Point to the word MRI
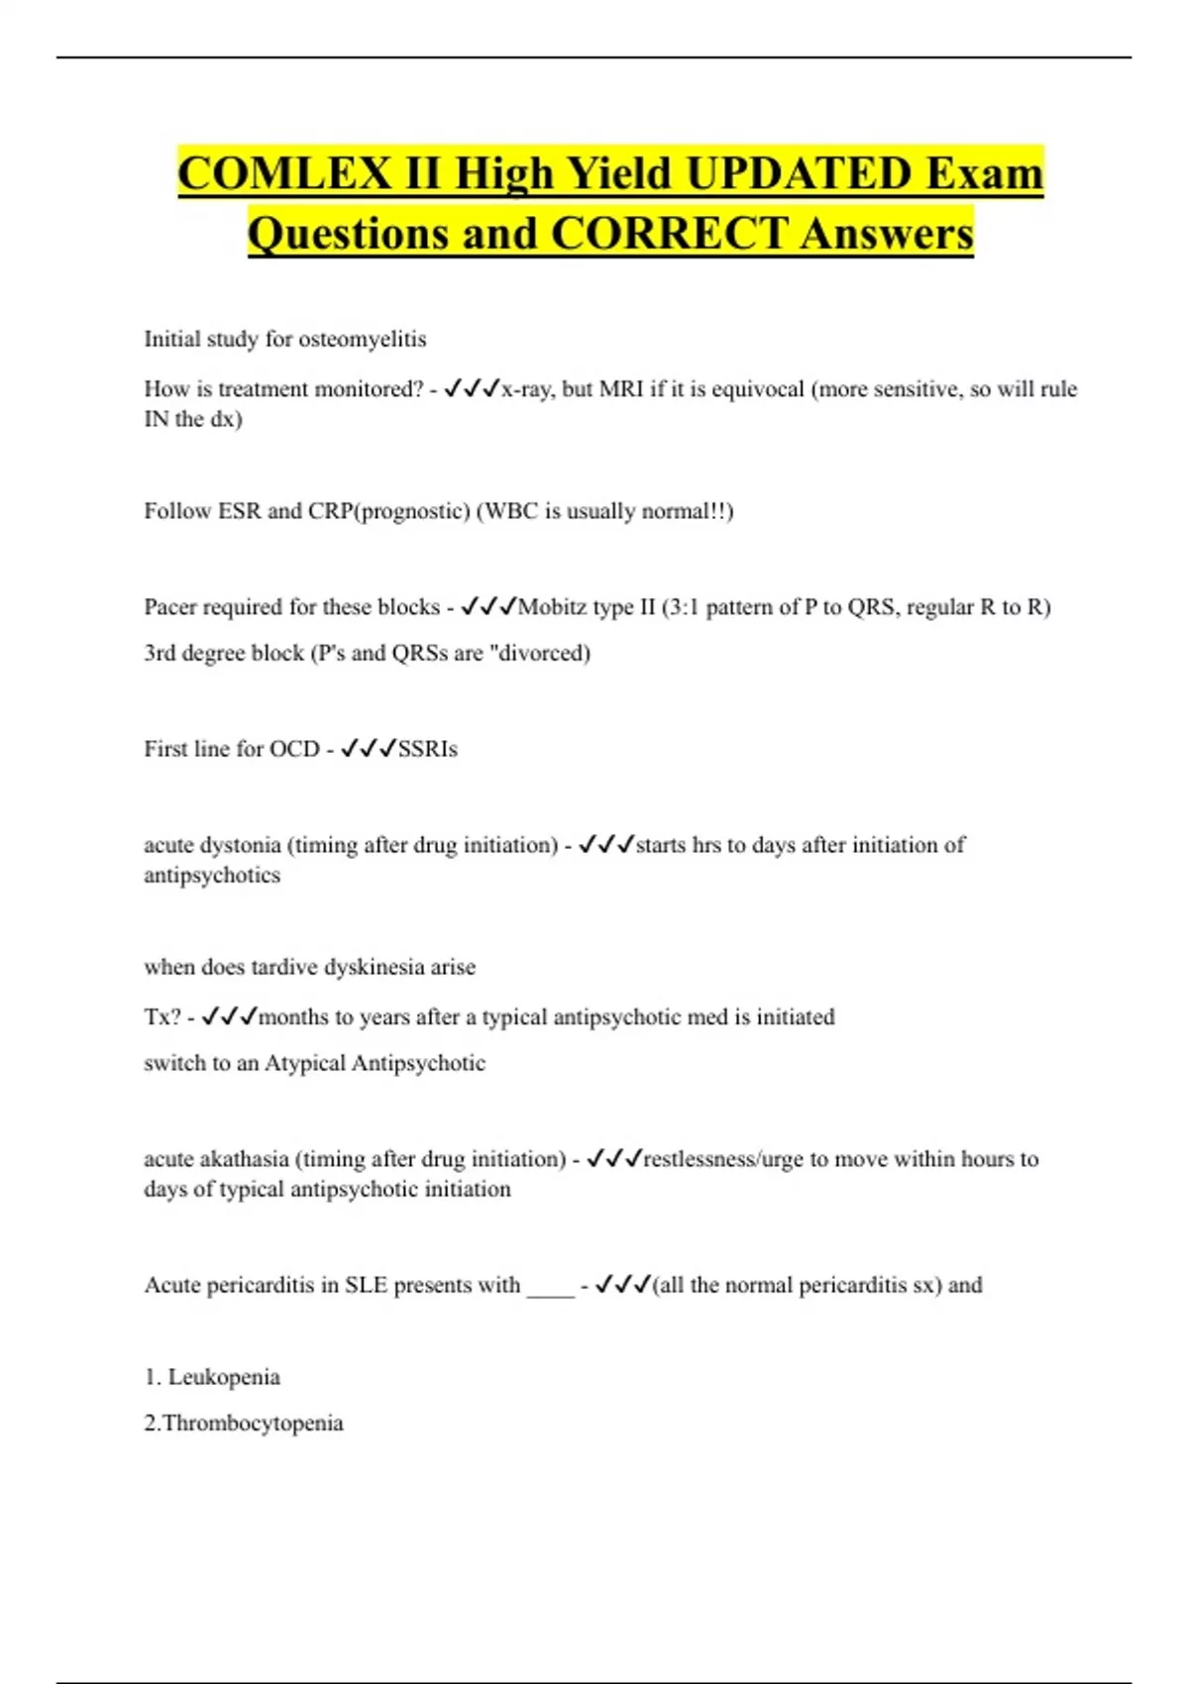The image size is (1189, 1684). [621, 389]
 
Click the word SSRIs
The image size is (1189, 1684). [428, 749]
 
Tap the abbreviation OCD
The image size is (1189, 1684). [294, 749]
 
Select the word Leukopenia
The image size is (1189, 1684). [224, 1377]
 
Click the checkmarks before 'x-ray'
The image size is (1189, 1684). [472, 389]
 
